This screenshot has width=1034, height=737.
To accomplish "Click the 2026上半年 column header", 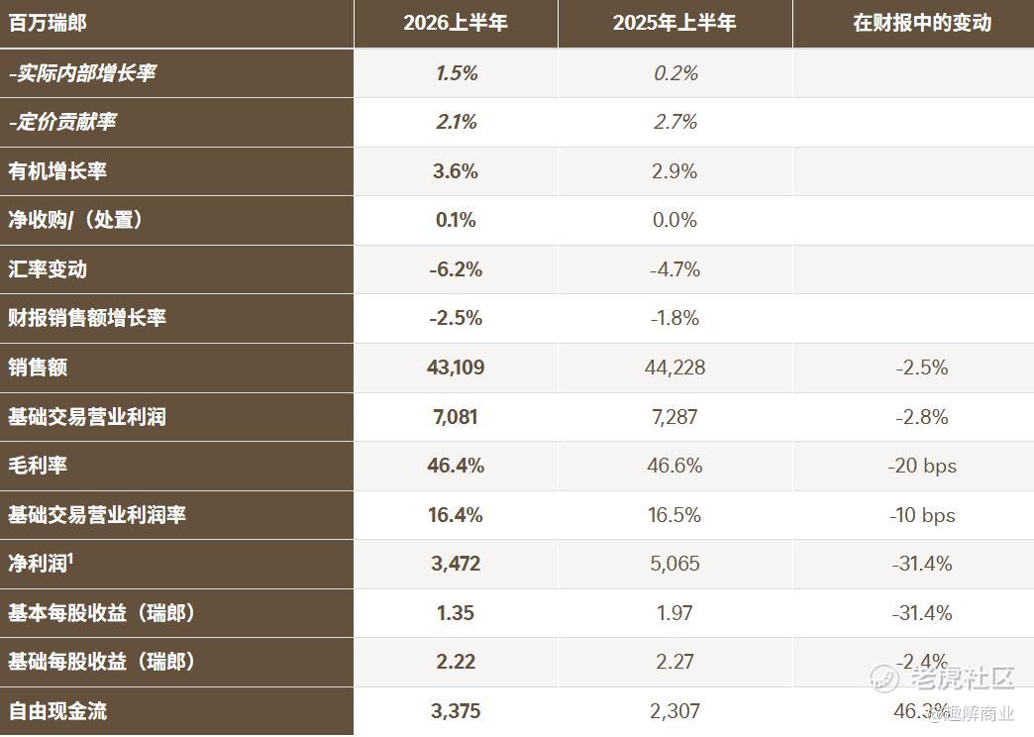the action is click(455, 23).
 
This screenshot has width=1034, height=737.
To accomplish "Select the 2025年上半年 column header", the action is click(673, 23).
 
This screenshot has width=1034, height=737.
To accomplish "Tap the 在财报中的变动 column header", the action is click(922, 23).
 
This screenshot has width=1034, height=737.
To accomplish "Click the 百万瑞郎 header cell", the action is click(48, 23).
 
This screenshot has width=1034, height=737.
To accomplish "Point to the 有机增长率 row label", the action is click(57, 171).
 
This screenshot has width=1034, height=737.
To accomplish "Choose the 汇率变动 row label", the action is click(48, 269).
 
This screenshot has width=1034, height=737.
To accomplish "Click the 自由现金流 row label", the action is click(57, 711).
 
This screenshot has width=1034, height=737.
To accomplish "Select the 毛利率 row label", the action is click(38, 466).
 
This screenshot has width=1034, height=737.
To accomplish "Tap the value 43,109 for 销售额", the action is click(456, 368).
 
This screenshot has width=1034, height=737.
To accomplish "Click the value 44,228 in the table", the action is click(674, 368).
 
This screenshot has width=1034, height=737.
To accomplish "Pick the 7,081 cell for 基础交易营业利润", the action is click(456, 417).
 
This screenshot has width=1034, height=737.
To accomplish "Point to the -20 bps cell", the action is click(922, 466).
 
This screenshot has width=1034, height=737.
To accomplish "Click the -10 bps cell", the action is click(922, 515).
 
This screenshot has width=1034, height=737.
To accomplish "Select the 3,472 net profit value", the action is click(456, 564).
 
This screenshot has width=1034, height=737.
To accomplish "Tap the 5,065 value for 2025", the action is click(674, 564).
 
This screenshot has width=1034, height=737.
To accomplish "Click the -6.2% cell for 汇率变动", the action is click(456, 269).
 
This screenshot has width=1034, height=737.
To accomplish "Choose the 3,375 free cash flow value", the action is click(456, 711).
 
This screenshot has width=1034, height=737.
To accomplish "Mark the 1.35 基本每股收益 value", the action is click(456, 613).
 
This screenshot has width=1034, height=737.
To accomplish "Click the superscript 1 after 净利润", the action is click(70, 558).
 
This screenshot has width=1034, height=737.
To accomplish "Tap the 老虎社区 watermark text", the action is click(962, 679).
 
